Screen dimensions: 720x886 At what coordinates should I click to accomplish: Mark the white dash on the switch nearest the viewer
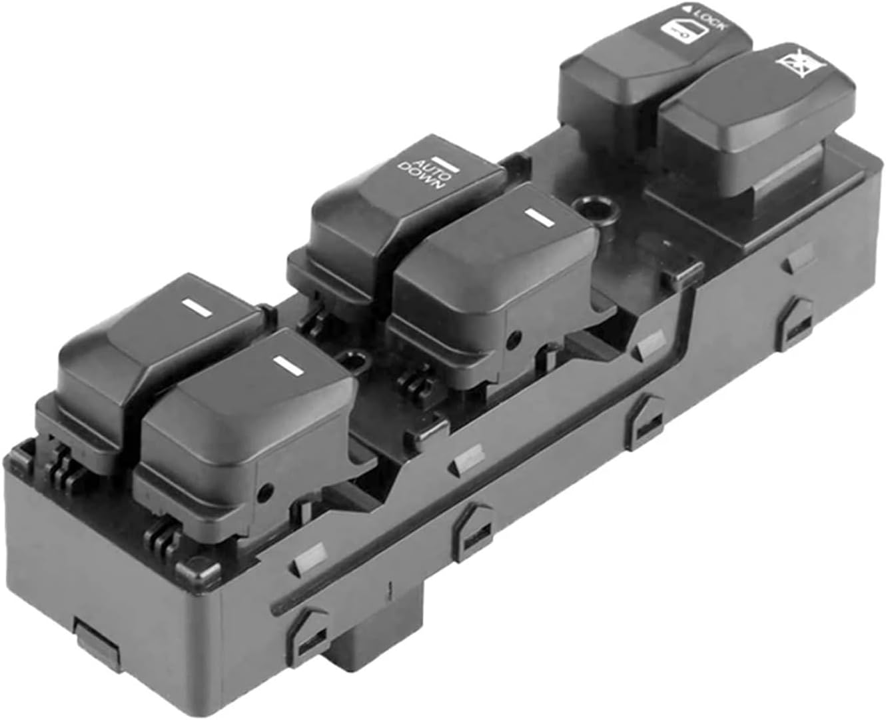[286, 364]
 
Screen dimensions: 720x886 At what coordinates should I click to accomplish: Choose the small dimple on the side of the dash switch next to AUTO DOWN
[512, 340]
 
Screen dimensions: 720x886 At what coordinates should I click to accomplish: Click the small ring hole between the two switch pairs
[354, 361]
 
